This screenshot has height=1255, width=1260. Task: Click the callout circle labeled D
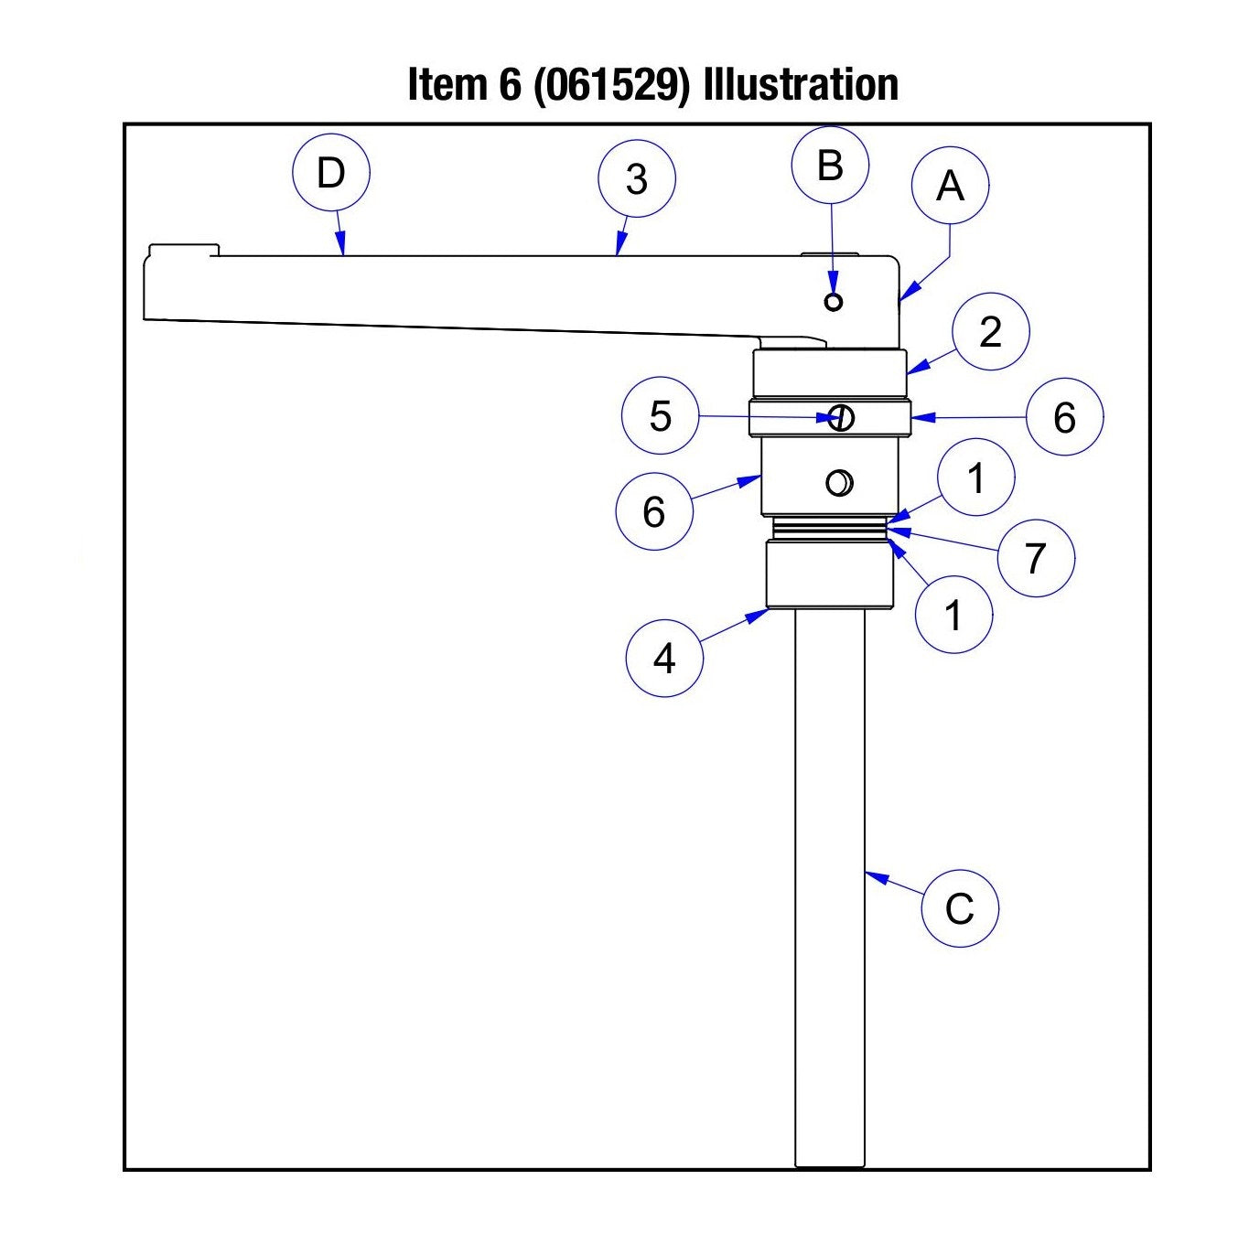[x=330, y=174]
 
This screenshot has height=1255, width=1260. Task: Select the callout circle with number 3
[x=636, y=179]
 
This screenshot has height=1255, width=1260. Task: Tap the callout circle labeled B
[x=830, y=166]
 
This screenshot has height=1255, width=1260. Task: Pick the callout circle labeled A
[x=950, y=187]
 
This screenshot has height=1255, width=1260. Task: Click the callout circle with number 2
[x=990, y=332]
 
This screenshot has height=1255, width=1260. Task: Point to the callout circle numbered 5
[x=660, y=416]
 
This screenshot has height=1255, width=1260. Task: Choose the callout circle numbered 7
[x=1035, y=558]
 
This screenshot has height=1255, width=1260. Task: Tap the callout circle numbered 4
[x=664, y=658]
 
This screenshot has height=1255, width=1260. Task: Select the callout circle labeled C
[x=959, y=908]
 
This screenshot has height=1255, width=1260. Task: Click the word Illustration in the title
[x=801, y=85]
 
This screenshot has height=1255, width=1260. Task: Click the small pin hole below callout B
[x=833, y=301]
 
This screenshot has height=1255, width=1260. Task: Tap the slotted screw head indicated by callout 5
[x=841, y=418]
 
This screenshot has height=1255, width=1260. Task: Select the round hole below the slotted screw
[x=839, y=482]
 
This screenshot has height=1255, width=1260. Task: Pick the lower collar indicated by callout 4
[x=829, y=574]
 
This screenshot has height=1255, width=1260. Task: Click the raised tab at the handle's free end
[x=183, y=250]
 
